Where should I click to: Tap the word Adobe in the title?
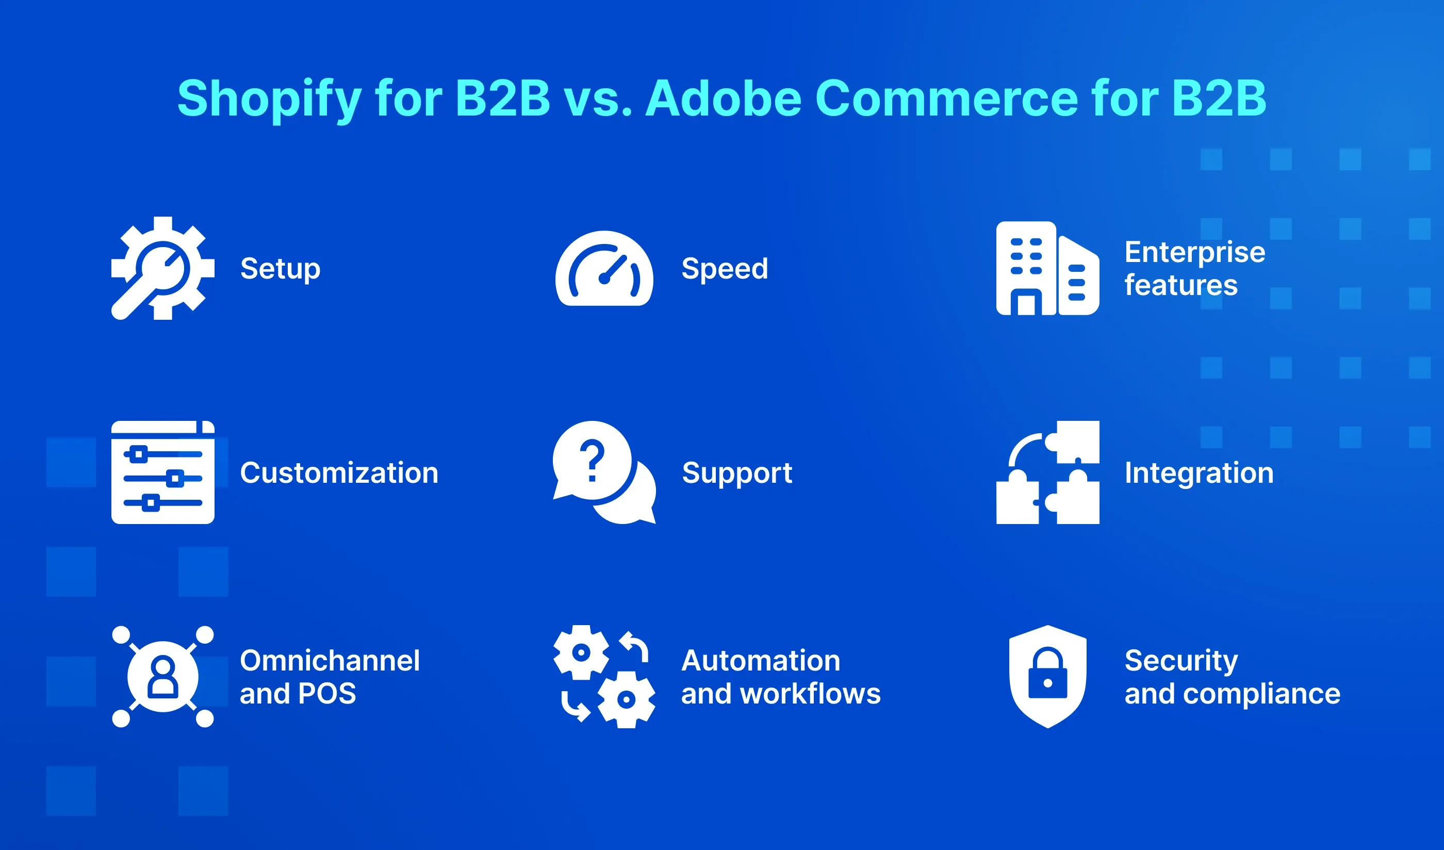click(723, 99)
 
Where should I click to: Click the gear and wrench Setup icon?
click(163, 268)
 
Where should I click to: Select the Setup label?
click(280, 269)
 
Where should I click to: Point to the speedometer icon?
click(604, 268)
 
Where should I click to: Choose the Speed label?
click(724, 268)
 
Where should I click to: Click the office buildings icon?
click(1047, 268)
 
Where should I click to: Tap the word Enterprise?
click(1195, 252)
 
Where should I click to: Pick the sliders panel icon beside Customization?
click(163, 472)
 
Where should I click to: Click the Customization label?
click(339, 473)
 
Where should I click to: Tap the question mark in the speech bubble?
click(593, 460)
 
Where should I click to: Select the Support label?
click(737, 473)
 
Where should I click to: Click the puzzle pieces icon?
click(1047, 472)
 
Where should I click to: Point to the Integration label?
click(1199, 473)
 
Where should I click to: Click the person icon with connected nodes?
click(163, 676)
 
